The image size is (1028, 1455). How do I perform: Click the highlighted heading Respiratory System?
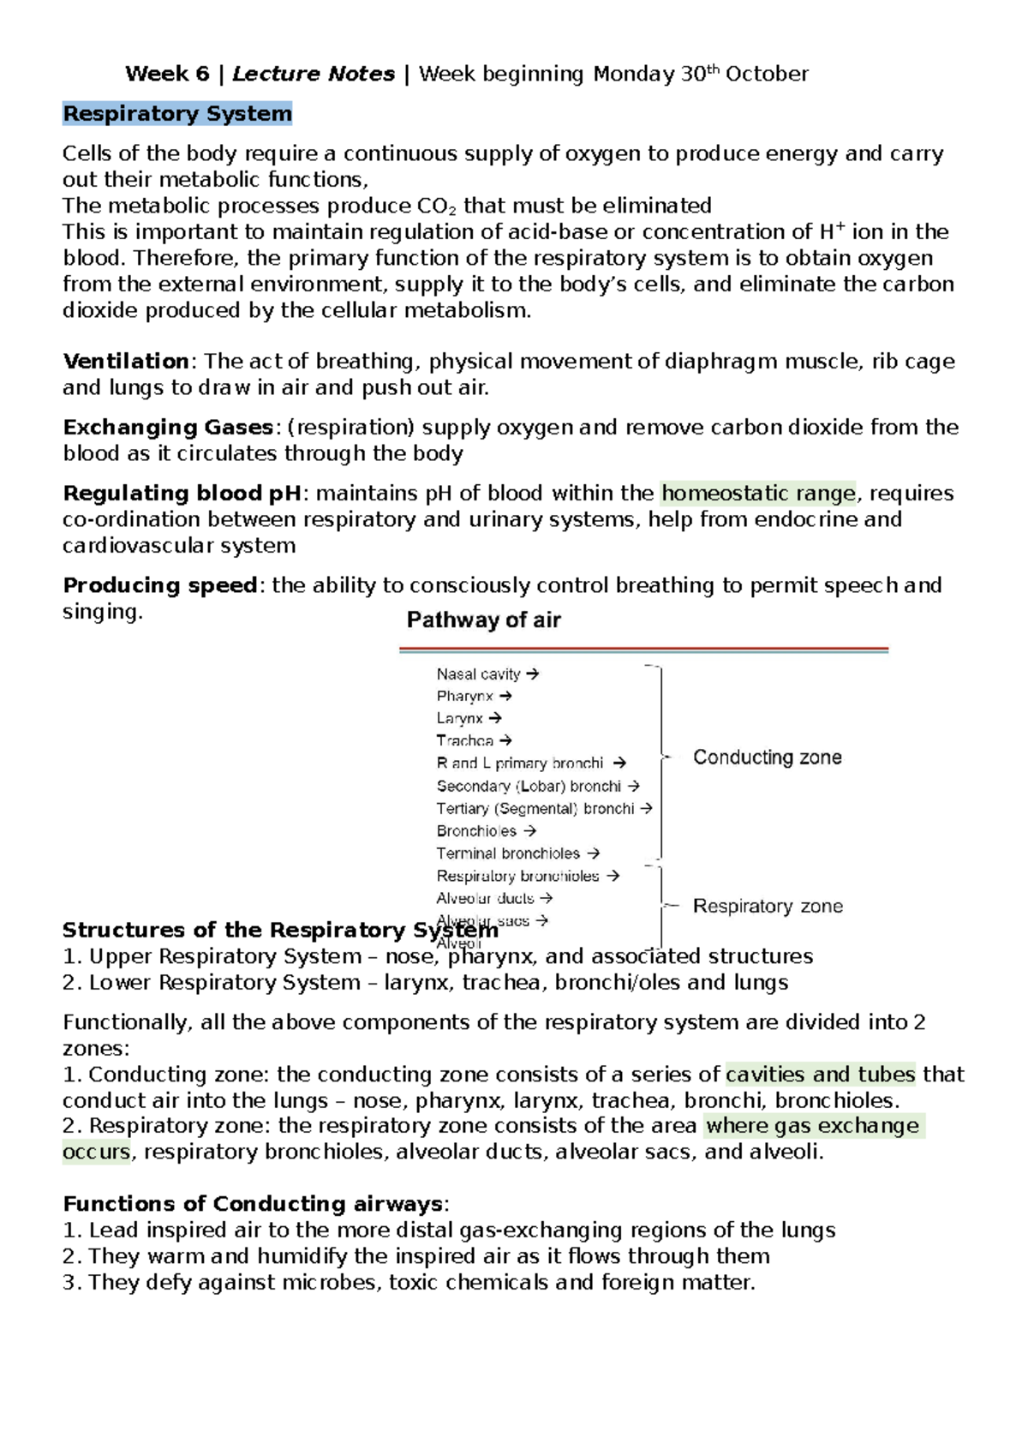tap(177, 114)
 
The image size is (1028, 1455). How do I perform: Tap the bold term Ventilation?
tap(126, 361)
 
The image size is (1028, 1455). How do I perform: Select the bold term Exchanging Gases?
tap(167, 427)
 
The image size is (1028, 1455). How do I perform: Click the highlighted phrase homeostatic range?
tap(758, 493)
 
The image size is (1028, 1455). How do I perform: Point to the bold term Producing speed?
tap(159, 585)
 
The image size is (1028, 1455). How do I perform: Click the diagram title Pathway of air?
tap(483, 620)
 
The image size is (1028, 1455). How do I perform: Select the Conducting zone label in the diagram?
tap(767, 757)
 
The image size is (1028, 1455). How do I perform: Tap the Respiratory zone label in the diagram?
tap(768, 906)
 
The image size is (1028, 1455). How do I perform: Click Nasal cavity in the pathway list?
tap(478, 674)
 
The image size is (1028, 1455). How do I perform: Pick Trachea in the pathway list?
tap(464, 740)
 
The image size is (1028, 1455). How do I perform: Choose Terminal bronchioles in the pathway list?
tap(508, 853)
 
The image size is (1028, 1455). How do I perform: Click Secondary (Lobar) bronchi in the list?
tap(529, 786)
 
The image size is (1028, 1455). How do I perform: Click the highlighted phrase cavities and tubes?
tap(820, 1075)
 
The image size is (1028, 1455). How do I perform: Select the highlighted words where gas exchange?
tap(811, 1126)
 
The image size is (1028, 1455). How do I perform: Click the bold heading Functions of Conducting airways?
tap(253, 1204)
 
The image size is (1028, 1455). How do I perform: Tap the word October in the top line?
tap(767, 74)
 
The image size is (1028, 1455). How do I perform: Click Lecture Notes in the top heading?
tap(314, 74)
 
